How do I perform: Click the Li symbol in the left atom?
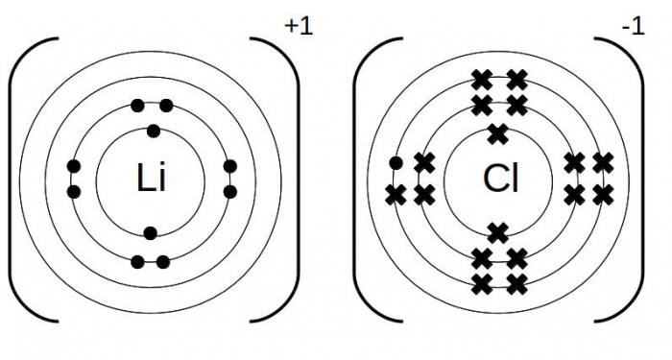coord(152,179)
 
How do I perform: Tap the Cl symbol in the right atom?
coord(500,179)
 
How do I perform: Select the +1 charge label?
coord(299,27)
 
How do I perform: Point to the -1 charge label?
coord(633,27)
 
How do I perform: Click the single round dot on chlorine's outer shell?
coord(396,163)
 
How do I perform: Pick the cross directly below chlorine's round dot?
coord(395,195)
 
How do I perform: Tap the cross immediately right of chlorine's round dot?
coord(424,163)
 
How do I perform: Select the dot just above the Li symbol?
coord(153,132)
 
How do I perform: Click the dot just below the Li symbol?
coord(150,232)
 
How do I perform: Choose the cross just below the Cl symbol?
coord(497,231)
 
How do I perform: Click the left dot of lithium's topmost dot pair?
coord(138,106)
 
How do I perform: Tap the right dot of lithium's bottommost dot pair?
coord(163,261)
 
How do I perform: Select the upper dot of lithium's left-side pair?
coord(74,168)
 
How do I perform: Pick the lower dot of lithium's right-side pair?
coord(230,192)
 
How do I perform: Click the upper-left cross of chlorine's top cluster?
coord(482,79)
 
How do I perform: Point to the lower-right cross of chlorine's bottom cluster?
coord(516,283)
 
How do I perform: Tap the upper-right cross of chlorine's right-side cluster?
coord(603,163)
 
